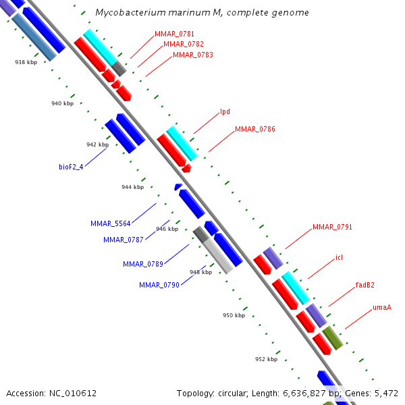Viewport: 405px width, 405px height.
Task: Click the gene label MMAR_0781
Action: point(174,34)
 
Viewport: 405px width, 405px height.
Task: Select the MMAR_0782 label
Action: point(184,45)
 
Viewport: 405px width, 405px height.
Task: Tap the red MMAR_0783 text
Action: point(193,55)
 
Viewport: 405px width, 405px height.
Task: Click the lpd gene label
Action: point(225,112)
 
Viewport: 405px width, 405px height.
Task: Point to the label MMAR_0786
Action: point(255,129)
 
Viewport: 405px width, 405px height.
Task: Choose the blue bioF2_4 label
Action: point(71,167)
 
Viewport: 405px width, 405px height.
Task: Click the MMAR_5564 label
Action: point(110,223)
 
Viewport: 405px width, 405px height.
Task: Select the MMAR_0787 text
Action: point(123,240)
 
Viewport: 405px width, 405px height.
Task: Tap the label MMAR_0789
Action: point(142,264)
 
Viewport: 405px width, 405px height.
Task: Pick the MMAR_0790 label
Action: point(159,286)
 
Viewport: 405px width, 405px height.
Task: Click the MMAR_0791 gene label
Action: point(332,227)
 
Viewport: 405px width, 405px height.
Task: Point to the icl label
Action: point(339,258)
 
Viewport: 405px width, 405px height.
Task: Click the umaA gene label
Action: point(382,308)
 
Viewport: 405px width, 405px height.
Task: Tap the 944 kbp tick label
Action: point(133,187)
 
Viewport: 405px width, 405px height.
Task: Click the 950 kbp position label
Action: point(234,315)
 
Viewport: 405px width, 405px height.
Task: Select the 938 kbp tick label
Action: point(26,62)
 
